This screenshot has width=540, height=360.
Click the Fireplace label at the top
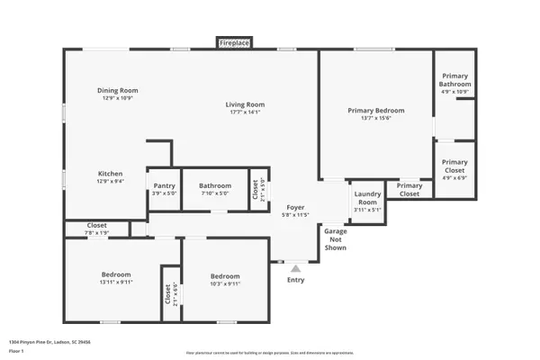(x=235, y=42)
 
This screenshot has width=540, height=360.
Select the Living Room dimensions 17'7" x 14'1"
(x=244, y=112)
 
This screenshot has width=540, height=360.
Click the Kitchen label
(x=111, y=174)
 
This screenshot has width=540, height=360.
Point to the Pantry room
(x=163, y=185)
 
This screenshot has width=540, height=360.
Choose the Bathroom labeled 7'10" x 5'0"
(x=215, y=185)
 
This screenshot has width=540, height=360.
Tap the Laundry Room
(x=366, y=198)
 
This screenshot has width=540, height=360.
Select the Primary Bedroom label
(x=375, y=111)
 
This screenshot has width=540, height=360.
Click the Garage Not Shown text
(x=336, y=239)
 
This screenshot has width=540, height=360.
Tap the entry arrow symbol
(x=294, y=266)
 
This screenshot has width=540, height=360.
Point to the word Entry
(x=295, y=280)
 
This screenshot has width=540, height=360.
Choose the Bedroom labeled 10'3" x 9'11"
(x=225, y=276)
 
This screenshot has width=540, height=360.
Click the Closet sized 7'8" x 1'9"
(x=96, y=225)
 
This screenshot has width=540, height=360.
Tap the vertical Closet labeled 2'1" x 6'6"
(x=168, y=293)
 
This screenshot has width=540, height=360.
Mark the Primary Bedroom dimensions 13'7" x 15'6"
(x=375, y=119)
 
